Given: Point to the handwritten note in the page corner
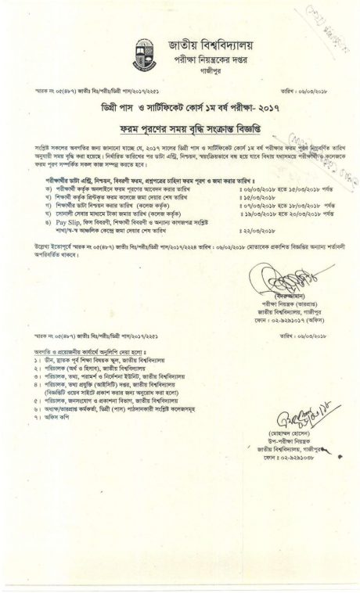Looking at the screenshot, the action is (x=332, y=23).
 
